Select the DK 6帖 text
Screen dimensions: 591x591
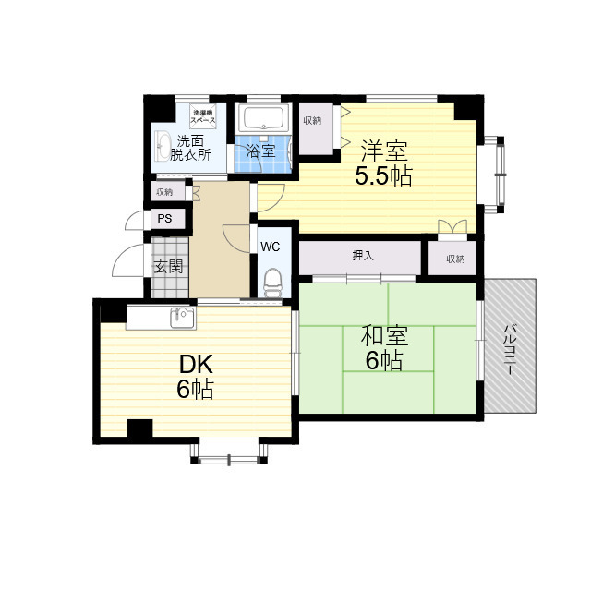click(x=195, y=376)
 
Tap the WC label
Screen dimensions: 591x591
click(x=270, y=247)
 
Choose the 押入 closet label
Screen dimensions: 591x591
click(x=362, y=256)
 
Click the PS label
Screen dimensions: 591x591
click(x=164, y=219)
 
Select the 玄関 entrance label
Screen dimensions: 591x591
click(x=167, y=268)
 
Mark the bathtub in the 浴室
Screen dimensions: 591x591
click(x=262, y=119)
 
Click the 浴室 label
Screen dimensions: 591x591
click(x=261, y=151)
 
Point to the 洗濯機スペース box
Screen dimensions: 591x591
click(x=203, y=117)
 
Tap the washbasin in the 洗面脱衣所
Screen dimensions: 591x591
click(x=164, y=146)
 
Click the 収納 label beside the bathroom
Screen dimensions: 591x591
click(x=312, y=121)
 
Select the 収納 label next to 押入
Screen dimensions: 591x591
click(x=454, y=259)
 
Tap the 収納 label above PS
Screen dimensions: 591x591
click(x=164, y=192)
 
